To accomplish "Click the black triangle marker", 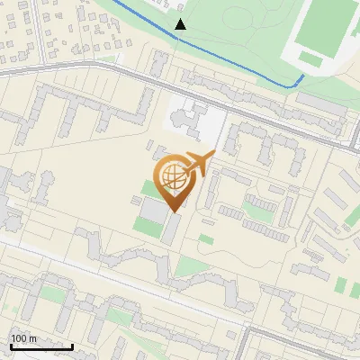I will click(x=181, y=24).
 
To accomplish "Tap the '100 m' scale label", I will click(x=24, y=338).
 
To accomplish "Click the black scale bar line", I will click(x=41, y=346).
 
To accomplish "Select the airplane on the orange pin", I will click(x=197, y=165).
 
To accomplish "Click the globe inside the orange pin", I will click(x=171, y=175).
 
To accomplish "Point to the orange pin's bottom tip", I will click(x=171, y=211).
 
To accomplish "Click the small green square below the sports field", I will click(x=310, y=58).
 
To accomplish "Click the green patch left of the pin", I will click(x=147, y=188).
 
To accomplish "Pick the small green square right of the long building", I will click(x=206, y=239).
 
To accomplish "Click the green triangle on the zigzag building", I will click(x=186, y=266).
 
